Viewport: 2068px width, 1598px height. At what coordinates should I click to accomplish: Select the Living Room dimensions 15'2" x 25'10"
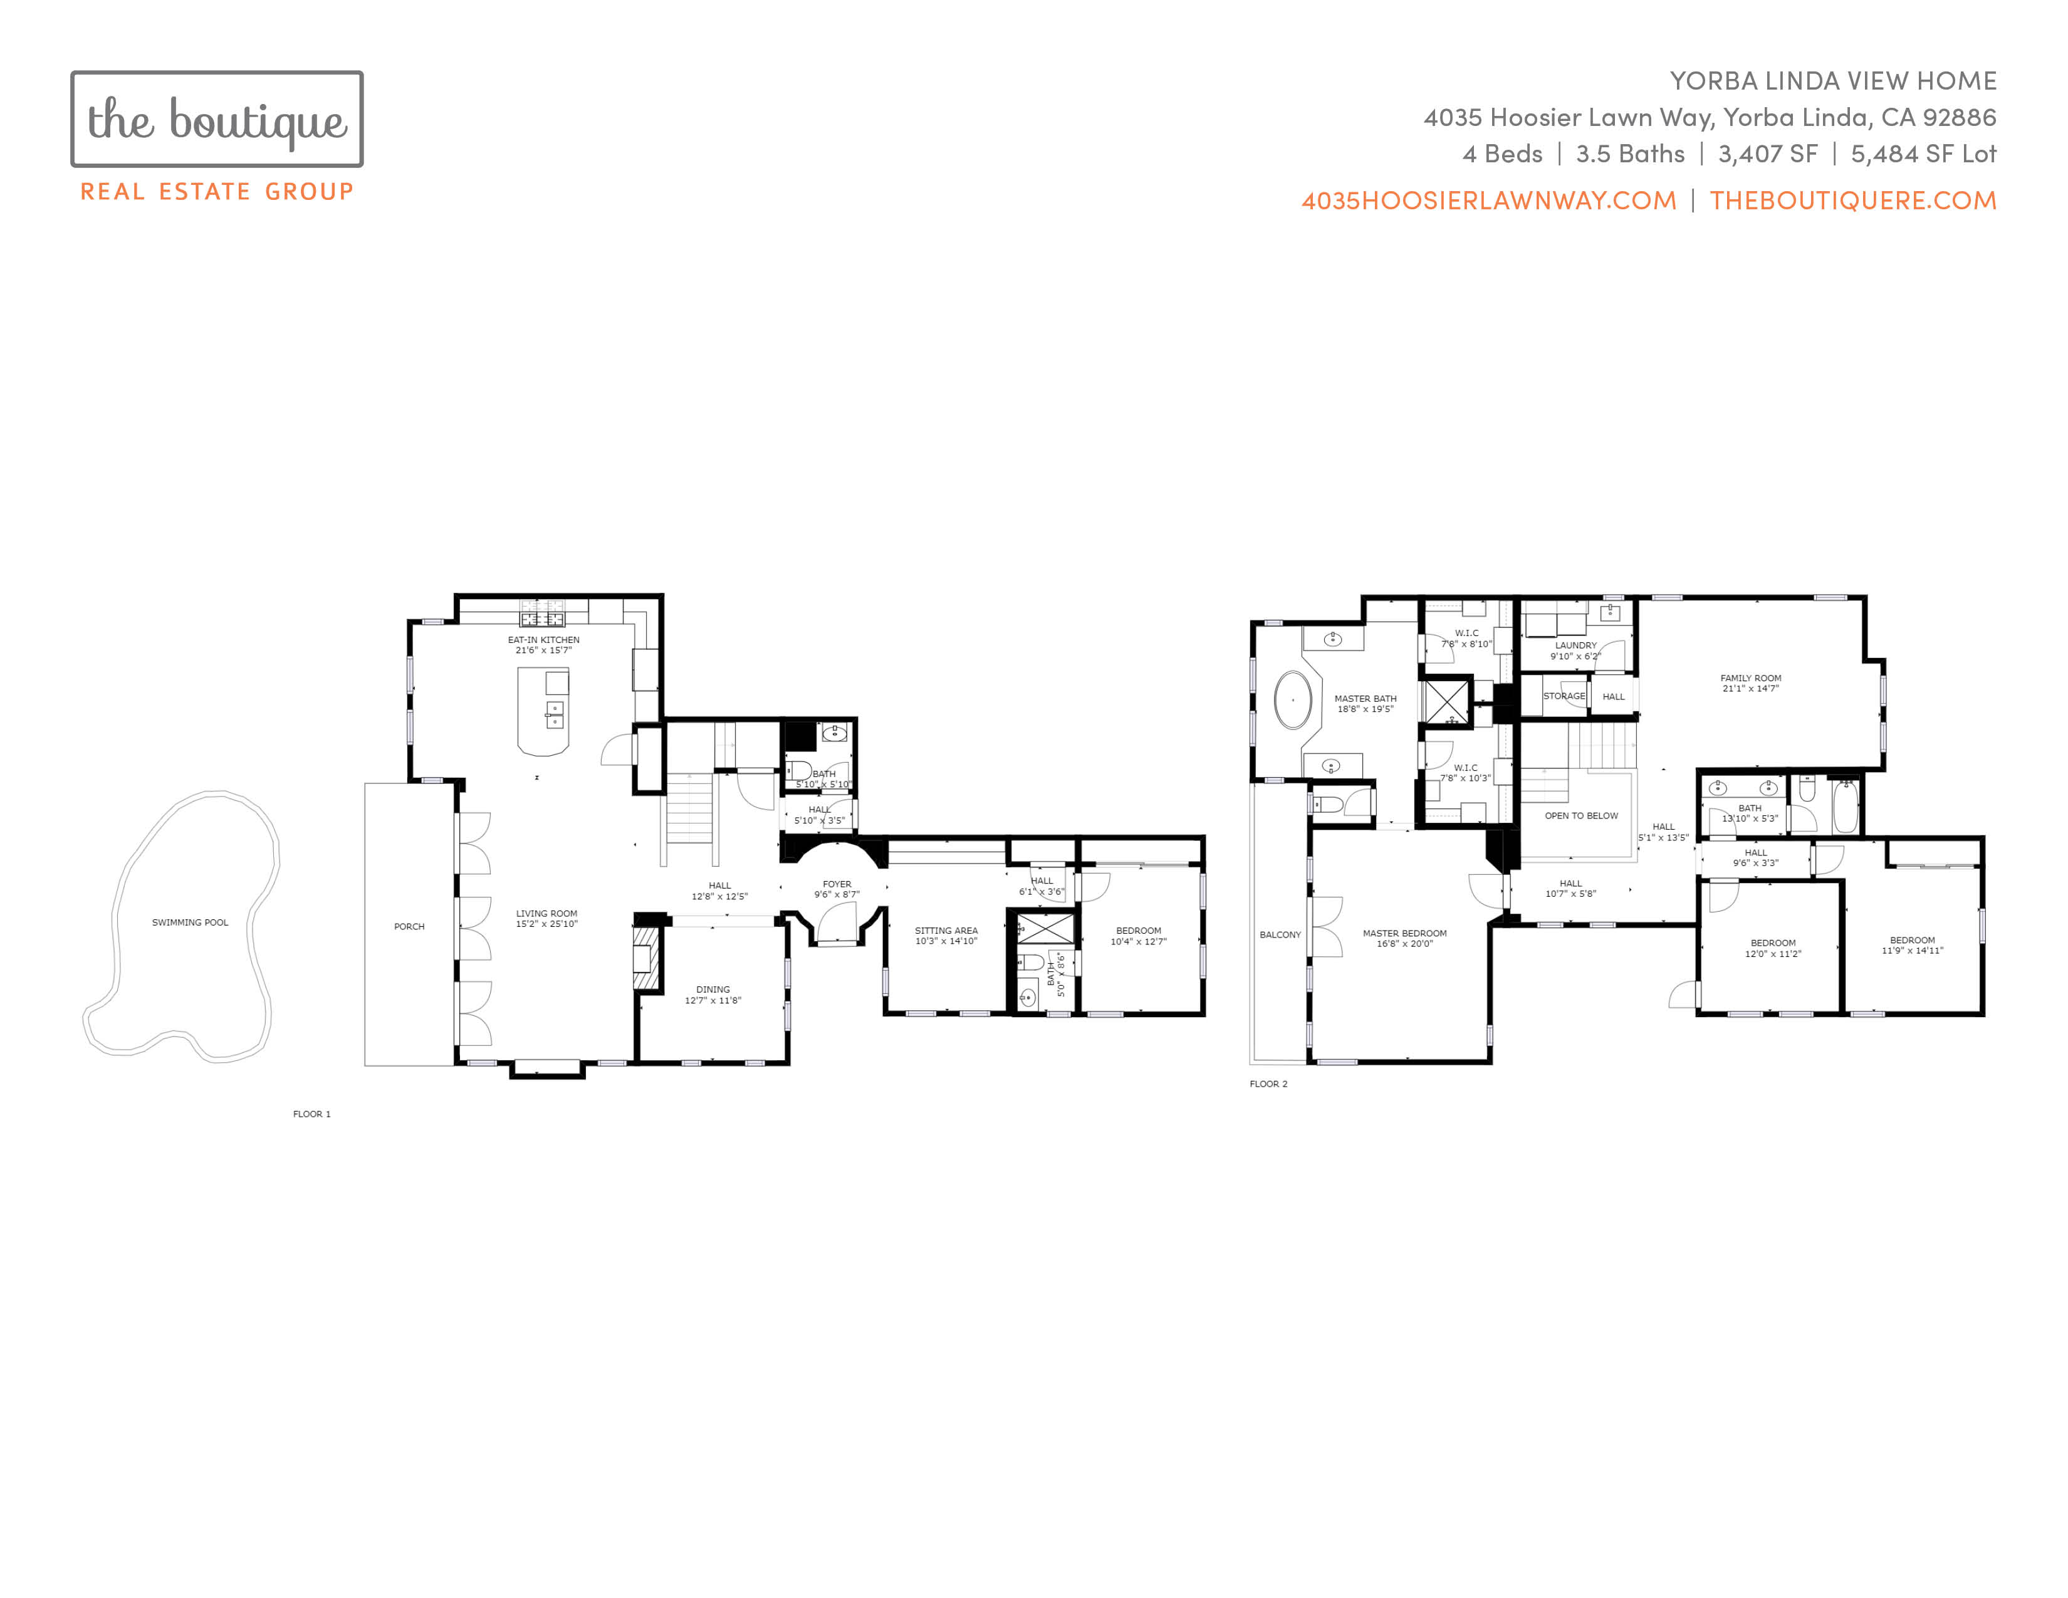546,924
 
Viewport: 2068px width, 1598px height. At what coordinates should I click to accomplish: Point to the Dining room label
713,990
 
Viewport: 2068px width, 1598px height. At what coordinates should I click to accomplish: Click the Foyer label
837,884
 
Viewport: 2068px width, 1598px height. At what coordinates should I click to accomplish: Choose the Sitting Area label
946,931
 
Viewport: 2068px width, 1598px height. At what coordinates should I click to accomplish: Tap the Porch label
409,927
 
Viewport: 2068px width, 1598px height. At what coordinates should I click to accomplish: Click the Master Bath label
1366,699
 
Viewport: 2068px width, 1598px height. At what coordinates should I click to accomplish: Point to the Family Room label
1751,678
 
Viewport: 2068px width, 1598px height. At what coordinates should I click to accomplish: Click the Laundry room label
1575,645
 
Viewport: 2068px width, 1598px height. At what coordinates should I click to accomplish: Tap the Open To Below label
1581,815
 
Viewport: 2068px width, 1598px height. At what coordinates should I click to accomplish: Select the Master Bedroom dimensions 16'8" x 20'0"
1405,944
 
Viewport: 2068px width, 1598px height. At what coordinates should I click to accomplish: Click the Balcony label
1280,934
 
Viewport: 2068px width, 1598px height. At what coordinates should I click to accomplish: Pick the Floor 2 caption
1269,1084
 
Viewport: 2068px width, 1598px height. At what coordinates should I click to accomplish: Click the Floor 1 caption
311,1114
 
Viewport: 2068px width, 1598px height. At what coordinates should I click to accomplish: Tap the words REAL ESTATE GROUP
217,191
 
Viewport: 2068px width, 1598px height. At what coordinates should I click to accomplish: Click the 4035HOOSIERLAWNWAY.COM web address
1488,201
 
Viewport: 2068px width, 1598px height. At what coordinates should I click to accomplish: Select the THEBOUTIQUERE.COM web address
1853,201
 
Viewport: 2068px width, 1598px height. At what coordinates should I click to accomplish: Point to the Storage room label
1564,696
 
